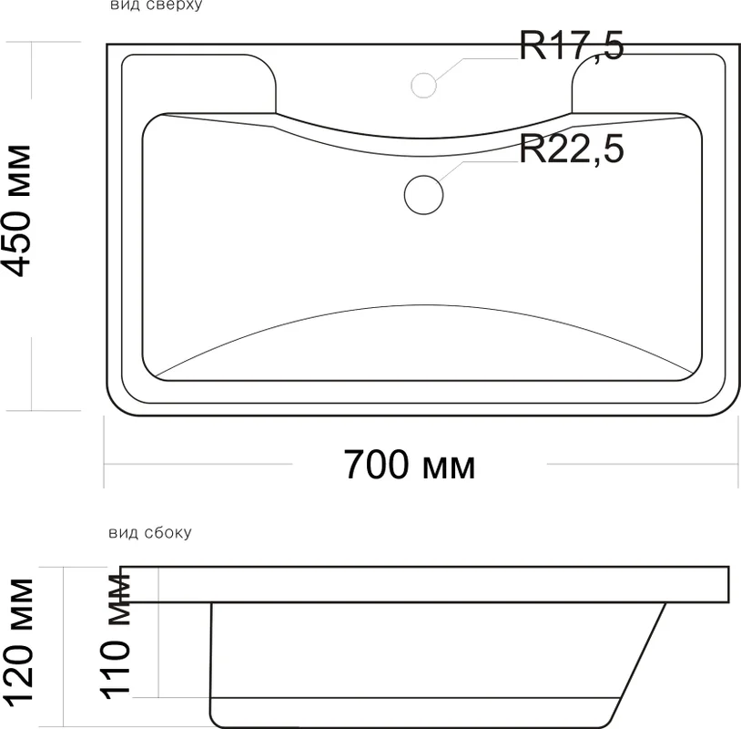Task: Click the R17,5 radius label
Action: click(x=572, y=46)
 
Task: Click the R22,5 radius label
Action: click(x=572, y=149)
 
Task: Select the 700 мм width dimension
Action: click(x=410, y=465)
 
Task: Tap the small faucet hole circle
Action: click(x=423, y=86)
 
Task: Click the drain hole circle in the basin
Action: click(x=423, y=194)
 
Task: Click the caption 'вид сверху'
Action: click(x=157, y=5)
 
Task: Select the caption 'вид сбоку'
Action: click(x=150, y=533)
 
